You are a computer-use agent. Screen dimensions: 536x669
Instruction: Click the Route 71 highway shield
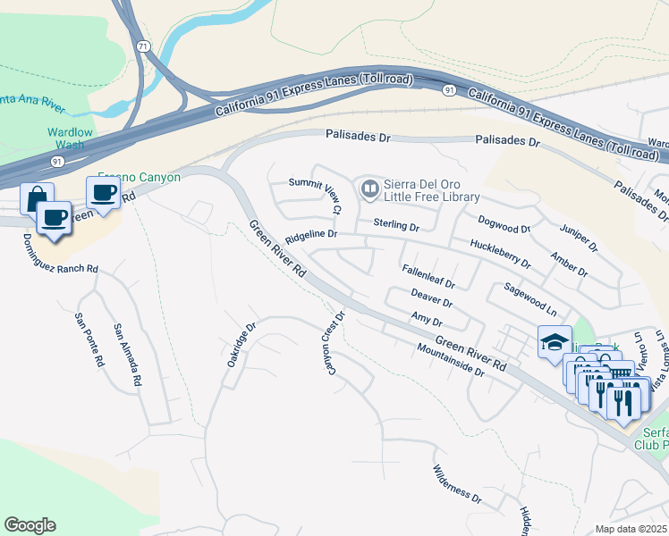[143, 45]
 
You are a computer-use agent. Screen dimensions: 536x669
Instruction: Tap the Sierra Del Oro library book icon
[368, 189]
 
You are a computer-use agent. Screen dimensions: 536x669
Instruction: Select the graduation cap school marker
[553, 342]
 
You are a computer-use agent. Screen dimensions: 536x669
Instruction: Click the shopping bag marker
[36, 197]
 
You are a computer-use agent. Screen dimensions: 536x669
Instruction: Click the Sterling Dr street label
[396, 226]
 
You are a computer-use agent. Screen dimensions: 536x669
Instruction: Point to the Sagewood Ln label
[529, 300]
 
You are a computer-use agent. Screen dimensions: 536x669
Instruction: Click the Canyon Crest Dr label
[333, 343]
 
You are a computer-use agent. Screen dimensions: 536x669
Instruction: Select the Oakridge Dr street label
[241, 345]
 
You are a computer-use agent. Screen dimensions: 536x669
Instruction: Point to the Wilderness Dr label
[457, 483]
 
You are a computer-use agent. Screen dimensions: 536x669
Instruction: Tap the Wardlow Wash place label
[69, 138]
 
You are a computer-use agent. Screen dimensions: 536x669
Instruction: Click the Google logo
[30, 525]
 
